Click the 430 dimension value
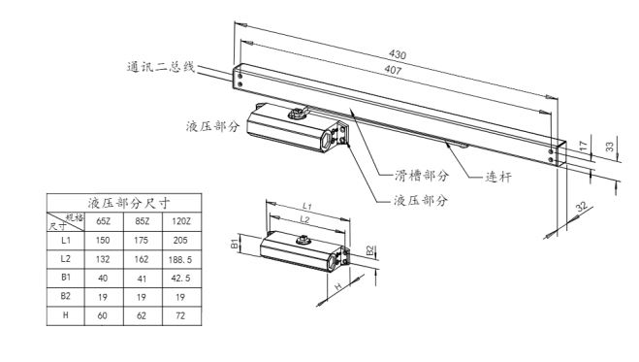[398, 54]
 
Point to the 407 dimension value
[393, 70]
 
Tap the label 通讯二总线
[161, 67]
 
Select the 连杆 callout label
[498, 177]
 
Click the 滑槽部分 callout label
[422, 176]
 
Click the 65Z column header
[103, 221]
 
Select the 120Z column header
[181, 221]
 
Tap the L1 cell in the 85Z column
[141, 240]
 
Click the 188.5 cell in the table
[180, 259]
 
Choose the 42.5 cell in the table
[180, 278]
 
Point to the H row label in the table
[66, 315]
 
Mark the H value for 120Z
[180, 315]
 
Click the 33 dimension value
[609, 148]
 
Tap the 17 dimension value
[583, 146]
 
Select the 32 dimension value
[582, 206]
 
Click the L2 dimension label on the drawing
[304, 219]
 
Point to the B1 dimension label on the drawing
[235, 244]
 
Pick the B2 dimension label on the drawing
[369, 250]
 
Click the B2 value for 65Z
[103, 297]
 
